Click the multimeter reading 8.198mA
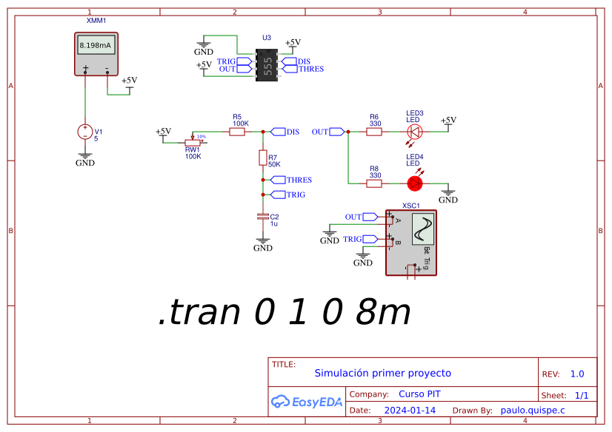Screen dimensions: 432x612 click(x=96, y=46)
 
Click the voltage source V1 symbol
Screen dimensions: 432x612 click(x=85, y=132)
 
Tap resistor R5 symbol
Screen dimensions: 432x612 click(x=237, y=132)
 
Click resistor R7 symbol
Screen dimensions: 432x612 click(x=262, y=158)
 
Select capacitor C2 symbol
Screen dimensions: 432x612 click(x=262, y=216)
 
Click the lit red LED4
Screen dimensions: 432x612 click(x=415, y=182)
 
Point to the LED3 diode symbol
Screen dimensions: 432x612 click(x=415, y=132)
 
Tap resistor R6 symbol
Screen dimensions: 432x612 click(x=374, y=132)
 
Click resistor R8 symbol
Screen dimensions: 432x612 click(x=374, y=182)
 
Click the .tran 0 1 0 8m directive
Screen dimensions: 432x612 click(x=285, y=313)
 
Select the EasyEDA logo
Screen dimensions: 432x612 click(x=307, y=402)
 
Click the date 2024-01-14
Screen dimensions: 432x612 click(x=410, y=410)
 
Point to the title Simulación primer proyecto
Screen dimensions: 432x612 click(x=382, y=373)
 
